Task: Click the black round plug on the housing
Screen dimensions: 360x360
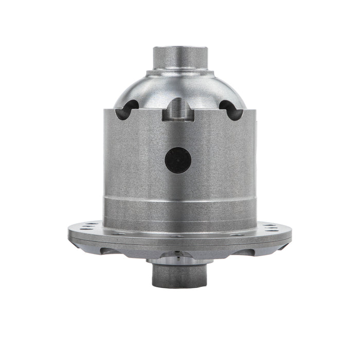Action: pos(178,160)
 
